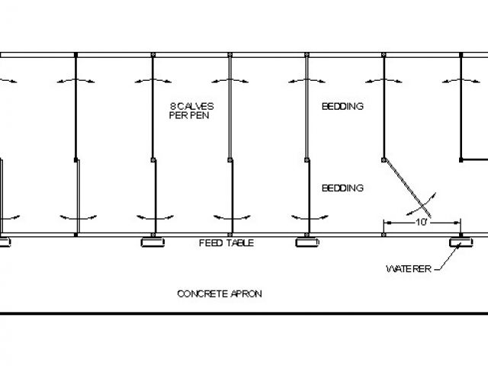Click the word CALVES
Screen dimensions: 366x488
(194, 106)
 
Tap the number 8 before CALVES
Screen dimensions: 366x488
(172, 106)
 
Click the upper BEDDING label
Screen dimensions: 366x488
(342, 107)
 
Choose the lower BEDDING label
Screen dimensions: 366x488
(342, 188)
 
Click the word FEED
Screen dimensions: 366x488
(210, 243)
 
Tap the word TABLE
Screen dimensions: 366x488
(239, 243)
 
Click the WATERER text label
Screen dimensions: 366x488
(409, 269)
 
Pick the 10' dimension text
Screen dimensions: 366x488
(421, 223)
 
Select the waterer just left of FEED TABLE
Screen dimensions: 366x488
(153, 242)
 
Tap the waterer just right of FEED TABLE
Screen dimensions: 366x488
(306, 242)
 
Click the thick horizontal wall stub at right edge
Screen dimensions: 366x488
(474, 159)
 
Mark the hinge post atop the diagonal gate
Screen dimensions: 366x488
(383, 159)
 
